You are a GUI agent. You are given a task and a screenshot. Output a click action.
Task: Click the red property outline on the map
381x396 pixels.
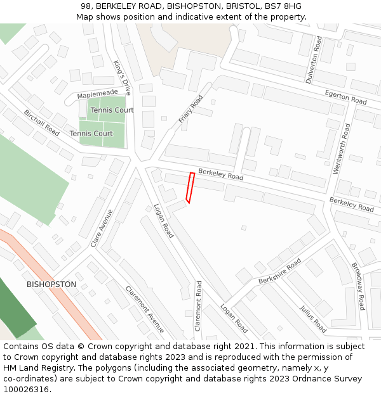[189, 188]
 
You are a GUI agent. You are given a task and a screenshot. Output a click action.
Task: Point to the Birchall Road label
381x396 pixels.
[42, 122]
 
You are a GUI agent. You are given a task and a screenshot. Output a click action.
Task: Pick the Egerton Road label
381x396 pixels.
[345, 97]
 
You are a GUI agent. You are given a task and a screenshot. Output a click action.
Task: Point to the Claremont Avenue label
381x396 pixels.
[145, 309]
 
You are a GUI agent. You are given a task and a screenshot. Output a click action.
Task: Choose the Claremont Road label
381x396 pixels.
[198, 306]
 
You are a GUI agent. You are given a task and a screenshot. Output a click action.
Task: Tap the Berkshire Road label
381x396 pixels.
[279, 271]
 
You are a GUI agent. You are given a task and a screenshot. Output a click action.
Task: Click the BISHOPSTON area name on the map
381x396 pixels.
[51, 284]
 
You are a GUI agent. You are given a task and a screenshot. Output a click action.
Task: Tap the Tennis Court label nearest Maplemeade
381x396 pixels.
[112, 110]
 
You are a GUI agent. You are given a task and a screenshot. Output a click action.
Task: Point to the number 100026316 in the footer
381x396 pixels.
[26, 389]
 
